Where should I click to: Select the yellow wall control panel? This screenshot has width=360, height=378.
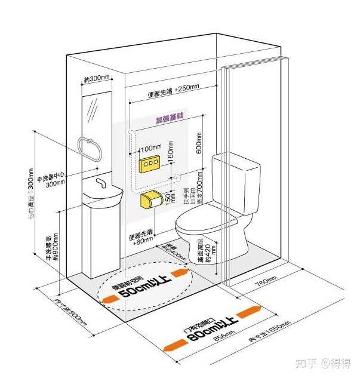click(x=149, y=164)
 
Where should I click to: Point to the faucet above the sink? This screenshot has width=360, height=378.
click(x=101, y=180)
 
